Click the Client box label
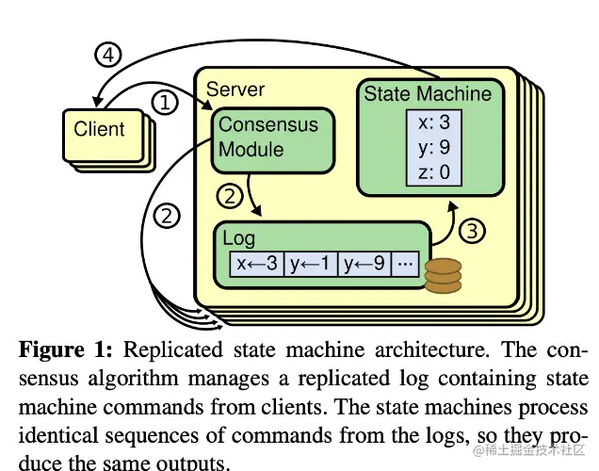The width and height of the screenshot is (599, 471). pyautogui.click(x=100, y=128)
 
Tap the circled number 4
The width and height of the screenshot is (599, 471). pyautogui.click(x=111, y=55)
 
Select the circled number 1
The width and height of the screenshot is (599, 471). pyautogui.click(x=165, y=103)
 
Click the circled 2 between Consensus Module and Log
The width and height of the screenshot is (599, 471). pyautogui.click(x=231, y=196)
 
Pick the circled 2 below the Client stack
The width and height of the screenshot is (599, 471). pyautogui.click(x=167, y=216)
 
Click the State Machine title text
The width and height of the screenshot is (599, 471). pyautogui.click(x=428, y=93)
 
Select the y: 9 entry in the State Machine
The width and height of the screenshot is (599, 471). pyautogui.click(x=434, y=148)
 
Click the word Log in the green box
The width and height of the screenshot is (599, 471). pyautogui.click(x=239, y=238)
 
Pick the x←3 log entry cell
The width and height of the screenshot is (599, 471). pyautogui.click(x=257, y=265)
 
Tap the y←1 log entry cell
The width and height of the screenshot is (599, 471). pyautogui.click(x=311, y=265)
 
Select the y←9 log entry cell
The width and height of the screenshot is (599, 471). pyautogui.click(x=364, y=265)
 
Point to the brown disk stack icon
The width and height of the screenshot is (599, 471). pyautogui.click(x=443, y=275)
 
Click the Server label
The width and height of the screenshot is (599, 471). pyautogui.click(x=235, y=89)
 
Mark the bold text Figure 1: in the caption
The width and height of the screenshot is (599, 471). pyautogui.click(x=66, y=349)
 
